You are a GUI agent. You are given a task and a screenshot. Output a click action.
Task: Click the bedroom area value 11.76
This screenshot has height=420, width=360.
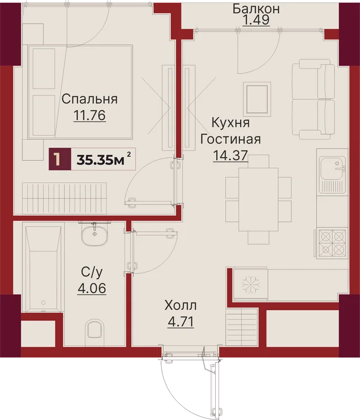90,115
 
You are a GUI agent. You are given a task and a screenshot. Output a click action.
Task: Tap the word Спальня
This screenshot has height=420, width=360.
90,99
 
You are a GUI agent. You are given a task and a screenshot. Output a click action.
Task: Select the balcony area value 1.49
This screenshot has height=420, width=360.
256,19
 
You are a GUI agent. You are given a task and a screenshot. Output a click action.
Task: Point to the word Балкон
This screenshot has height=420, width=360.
256,8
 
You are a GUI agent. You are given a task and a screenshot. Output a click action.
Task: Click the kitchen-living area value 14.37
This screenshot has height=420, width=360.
230,155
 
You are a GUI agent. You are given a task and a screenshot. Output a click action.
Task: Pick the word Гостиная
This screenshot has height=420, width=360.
230,139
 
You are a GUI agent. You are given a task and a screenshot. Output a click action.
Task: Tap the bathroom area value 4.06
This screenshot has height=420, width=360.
92,288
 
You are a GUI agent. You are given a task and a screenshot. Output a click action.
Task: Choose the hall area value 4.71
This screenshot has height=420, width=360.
181,322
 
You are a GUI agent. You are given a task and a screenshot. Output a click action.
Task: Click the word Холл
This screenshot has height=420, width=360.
181,305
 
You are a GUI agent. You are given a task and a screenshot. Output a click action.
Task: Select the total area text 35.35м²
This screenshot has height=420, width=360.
103,160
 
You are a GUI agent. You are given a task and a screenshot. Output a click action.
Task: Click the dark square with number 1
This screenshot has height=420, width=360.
60,159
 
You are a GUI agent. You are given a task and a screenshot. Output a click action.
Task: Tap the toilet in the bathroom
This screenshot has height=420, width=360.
96,329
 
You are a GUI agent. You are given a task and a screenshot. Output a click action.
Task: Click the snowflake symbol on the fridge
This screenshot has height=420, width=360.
251,284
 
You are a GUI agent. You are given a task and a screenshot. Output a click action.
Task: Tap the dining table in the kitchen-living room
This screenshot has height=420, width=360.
258,199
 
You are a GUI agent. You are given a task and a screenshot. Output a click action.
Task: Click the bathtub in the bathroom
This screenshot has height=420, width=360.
44,269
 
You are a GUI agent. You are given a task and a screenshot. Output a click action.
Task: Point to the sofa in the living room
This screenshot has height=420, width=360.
313,99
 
